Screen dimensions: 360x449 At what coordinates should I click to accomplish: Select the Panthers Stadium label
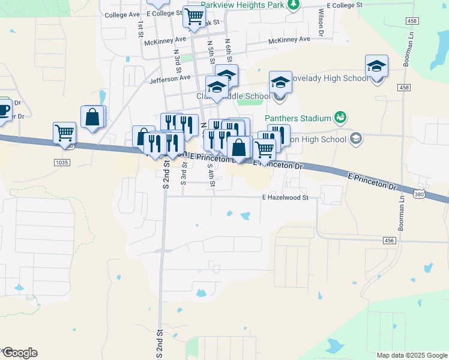click(x=298, y=118)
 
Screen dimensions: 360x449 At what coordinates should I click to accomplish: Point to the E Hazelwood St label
click(x=285, y=197)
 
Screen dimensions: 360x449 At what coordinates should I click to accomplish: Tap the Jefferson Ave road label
click(x=170, y=78)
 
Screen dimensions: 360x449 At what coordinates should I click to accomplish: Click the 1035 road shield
click(x=61, y=163)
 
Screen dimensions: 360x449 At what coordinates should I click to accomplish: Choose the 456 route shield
click(x=390, y=240)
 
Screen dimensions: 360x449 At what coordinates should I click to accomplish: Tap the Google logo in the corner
click(x=20, y=353)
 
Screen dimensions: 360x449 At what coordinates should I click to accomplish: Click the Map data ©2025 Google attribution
click(x=411, y=355)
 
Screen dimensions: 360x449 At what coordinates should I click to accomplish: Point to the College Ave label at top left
click(x=122, y=15)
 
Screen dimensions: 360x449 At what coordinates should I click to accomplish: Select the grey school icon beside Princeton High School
click(x=356, y=139)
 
